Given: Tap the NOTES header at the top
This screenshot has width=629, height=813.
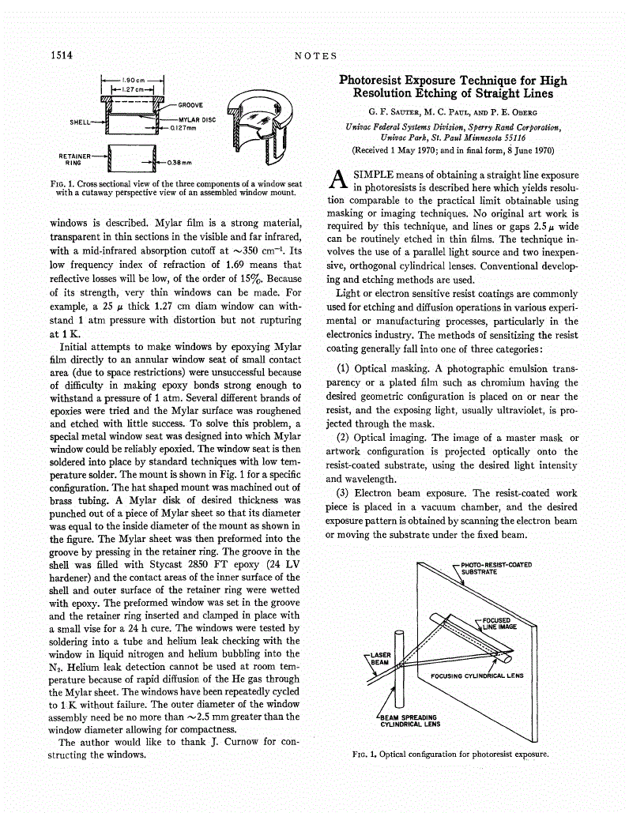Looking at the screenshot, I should (x=315, y=55).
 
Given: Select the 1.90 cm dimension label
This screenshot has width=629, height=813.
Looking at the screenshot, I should (x=132, y=80).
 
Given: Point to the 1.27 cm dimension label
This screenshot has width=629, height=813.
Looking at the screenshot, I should (x=131, y=89).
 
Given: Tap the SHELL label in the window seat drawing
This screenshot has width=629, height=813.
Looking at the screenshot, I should (x=81, y=122).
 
